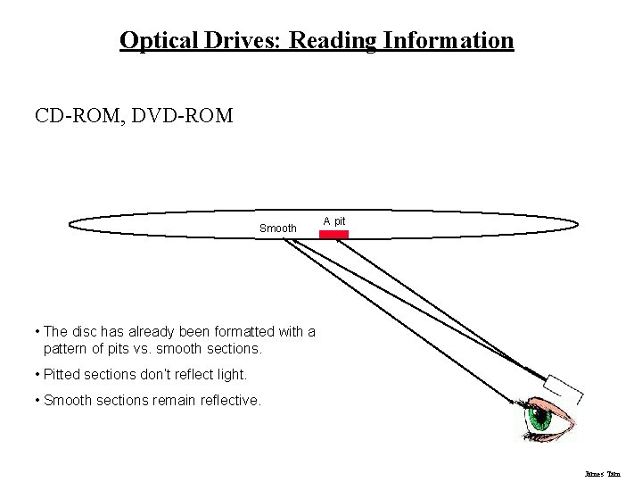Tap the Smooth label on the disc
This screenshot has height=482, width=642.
277,229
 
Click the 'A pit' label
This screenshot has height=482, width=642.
334,220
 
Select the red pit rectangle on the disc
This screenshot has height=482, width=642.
333,234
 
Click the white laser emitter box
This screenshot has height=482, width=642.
564,386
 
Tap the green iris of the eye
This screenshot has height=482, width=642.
539,419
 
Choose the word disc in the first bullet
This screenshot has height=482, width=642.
87,332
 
